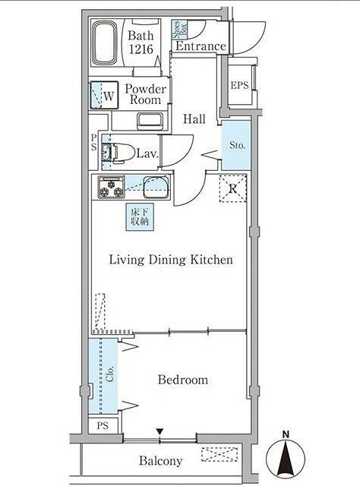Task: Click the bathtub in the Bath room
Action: [105, 43]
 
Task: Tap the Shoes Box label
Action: [180, 30]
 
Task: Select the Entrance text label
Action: [201, 46]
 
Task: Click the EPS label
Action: [240, 85]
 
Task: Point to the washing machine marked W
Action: [104, 95]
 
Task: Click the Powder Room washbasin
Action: [150, 120]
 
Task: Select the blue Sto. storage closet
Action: [236, 145]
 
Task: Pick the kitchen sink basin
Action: [156, 187]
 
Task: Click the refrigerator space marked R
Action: [233, 188]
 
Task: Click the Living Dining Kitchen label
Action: [171, 260]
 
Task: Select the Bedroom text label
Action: [183, 380]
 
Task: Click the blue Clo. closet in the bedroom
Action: [103, 376]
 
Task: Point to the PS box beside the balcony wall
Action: [103, 425]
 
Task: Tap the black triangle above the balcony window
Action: [159, 431]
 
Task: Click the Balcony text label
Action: [160, 461]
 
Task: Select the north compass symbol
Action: [286, 458]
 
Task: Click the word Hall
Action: [194, 119]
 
